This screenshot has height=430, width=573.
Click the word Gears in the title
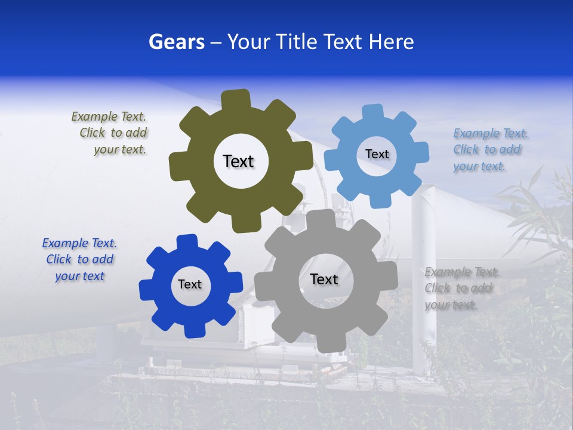click(x=176, y=42)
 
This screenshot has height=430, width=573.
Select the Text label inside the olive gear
click(x=239, y=161)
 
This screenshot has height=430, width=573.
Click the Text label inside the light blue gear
click(x=377, y=154)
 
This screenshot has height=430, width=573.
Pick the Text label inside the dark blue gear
click(x=190, y=285)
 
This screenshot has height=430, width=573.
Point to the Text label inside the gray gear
click(x=324, y=279)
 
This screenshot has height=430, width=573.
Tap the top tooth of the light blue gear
click(x=372, y=113)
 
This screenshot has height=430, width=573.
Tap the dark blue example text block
click(x=79, y=260)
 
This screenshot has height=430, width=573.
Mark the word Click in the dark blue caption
click(x=58, y=260)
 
